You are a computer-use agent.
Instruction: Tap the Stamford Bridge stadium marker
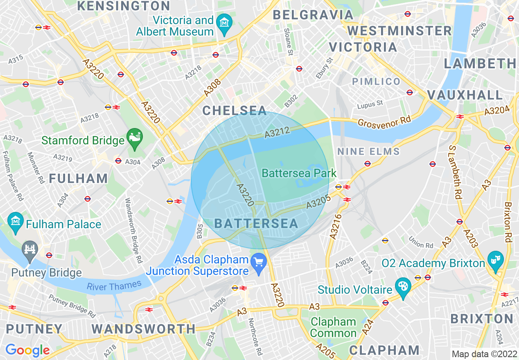click(x=135, y=135)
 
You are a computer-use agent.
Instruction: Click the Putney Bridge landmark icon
click(x=30, y=248)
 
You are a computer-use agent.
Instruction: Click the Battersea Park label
click(x=299, y=173)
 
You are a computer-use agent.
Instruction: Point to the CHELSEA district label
click(x=235, y=110)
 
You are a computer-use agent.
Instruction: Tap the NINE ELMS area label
click(x=368, y=152)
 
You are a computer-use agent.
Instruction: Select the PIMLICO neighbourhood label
click(x=376, y=81)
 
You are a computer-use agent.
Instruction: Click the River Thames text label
click(x=114, y=285)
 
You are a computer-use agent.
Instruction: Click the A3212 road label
click(x=278, y=132)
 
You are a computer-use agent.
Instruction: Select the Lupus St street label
click(x=370, y=104)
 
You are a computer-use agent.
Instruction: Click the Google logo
click(x=27, y=350)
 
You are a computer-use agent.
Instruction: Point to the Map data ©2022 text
click(x=483, y=354)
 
